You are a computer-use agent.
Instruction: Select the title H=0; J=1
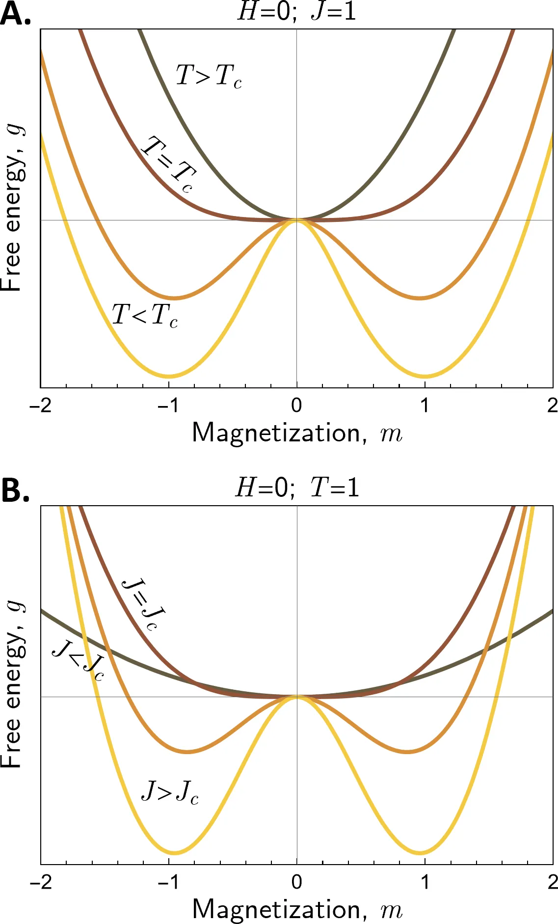(x=296, y=11)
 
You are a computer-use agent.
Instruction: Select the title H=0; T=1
(x=297, y=488)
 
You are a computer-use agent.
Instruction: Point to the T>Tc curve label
(x=209, y=76)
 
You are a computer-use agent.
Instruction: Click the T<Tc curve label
(x=145, y=315)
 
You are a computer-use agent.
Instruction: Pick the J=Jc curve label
(x=142, y=604)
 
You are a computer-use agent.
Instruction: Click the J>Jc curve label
(x=170, y=791)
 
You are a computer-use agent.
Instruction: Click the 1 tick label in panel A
(x=425, y=406)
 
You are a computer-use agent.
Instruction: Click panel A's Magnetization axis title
(x=297, y=433)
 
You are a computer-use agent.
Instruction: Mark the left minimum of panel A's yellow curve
(x=168, y=377)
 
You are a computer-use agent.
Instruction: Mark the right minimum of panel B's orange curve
(x=408, y=752)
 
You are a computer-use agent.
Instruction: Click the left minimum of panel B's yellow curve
(x=174, y=852)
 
